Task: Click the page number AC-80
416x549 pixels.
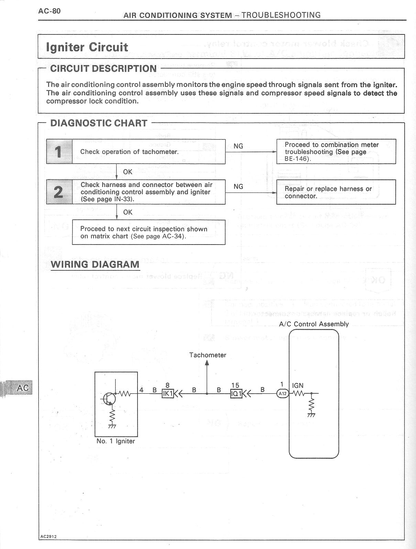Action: (x=50, y=11)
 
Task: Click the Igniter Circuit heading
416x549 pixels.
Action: (x=87, y=47)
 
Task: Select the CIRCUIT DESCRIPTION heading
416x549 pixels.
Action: (x=103, y=69)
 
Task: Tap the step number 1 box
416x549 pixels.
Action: (x=59, y=152)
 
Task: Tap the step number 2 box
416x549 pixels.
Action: (x=59, y=192)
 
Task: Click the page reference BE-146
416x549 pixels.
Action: (x=297, y=159)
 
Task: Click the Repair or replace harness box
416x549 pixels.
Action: (x=336, y=192)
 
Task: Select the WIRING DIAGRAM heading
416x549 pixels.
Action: (x=95, y=265)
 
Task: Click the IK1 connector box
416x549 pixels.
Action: (x=167, y=393)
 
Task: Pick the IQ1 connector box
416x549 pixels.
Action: (x=236, y=393)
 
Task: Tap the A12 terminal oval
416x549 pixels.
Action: (x=283, y=393)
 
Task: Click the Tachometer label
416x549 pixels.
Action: (x=208, y=355)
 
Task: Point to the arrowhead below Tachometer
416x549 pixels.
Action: (x=207, y=363)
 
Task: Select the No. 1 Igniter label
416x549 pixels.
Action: (x=116, y=441)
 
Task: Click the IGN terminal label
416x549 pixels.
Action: (x=298, y=386)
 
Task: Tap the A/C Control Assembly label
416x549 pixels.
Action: (x=314, y=324)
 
